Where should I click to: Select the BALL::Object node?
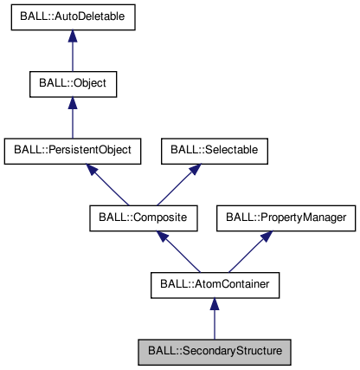pos(73,84)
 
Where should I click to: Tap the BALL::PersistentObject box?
pos(73,150)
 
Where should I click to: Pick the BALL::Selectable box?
pos(214,150)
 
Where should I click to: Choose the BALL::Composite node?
pos(144,216)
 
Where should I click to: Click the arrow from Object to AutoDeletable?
pos(73,54)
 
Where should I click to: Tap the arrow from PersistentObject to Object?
pos(73,120)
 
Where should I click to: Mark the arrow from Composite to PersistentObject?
pos(111,185)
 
